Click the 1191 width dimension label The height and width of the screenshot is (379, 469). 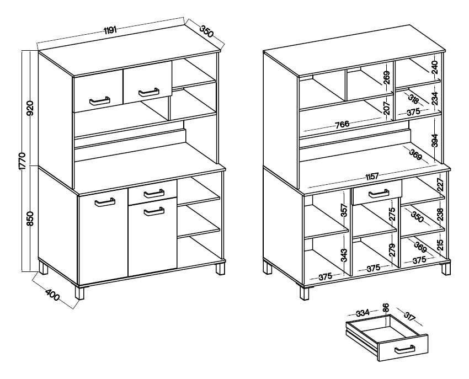pos(110,30)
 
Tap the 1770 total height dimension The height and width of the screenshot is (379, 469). pos(24,161)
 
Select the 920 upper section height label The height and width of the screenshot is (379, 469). pos(30,108)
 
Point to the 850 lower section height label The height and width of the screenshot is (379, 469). pos(30,218)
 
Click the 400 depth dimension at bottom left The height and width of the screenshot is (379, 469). pos(52,295)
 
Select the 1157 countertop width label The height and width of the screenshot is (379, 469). pos(372,177)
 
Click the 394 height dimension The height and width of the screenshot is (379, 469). pos(435,140)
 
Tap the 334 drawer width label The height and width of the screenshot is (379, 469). pos(363,313)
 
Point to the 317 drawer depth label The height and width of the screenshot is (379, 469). pos(409,316)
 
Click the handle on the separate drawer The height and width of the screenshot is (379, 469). pos(404,349)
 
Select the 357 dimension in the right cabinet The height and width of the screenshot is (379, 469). pos(344,210)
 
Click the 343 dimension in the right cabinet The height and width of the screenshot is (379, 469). pos(344,256)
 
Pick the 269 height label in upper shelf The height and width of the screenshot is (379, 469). pos(387,78)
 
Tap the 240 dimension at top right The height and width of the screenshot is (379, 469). pos(435,67)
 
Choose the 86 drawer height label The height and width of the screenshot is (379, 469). pos(386,307)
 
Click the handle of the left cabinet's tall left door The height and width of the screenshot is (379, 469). pos(105,202)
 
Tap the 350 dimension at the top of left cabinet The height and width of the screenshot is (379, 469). pos(206,31)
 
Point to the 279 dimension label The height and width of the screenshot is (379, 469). pos(392,250)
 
